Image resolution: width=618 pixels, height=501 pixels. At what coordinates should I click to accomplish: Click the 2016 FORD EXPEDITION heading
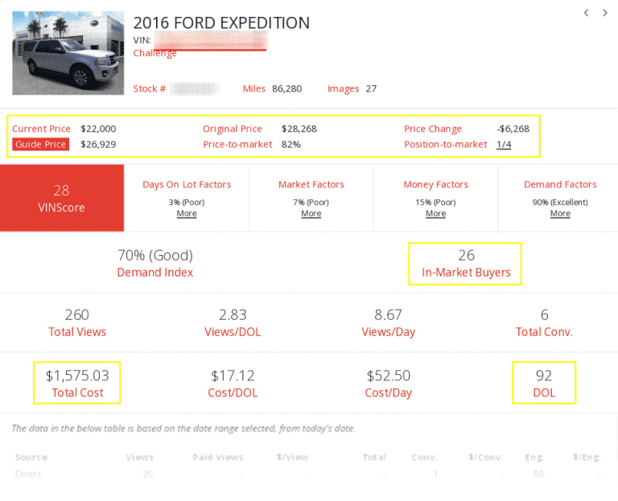click(x=221, y=23)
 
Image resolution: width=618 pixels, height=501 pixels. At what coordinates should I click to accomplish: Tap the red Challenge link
click(x=154, y=53)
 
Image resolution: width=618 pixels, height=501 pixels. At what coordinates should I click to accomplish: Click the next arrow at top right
click(x=605, y=13)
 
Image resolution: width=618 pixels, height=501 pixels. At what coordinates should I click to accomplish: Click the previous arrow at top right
click(x=587, y=13)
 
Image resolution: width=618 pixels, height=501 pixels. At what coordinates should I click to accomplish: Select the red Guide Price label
click(x=40, y=144)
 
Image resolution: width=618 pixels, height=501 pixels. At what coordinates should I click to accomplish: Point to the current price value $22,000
click(x=98, y=129)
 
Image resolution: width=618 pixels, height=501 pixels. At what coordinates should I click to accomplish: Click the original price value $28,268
click(x=299, y=129)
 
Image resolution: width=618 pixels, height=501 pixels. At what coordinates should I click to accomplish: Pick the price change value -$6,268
click(x=513, y=129)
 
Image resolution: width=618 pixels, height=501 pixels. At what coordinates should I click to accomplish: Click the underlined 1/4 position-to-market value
click(x=504, y=144)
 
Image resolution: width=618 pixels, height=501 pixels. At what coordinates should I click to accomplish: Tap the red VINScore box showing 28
click(x=62, y=198)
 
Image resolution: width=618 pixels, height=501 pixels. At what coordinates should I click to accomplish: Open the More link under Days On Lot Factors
click(x=187, y=214)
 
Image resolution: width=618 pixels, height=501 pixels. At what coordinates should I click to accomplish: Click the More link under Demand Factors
click(x=560, y=214)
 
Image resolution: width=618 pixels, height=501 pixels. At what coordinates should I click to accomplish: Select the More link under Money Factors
click(x=435, y=214)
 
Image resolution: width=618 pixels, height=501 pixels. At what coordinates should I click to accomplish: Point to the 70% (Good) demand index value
click(x=155, y=256)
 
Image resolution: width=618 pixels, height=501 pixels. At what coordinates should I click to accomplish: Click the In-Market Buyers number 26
click(x=466, y=256)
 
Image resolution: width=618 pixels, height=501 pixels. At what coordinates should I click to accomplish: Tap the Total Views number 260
click(x=76, y=315)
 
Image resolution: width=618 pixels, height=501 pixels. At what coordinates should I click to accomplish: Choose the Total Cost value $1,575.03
click(x=77, y=375)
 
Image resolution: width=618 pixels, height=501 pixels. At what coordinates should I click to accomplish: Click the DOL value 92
click(x=543, y=375)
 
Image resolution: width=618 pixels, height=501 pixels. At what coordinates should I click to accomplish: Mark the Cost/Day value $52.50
click(x=388, y=375)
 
